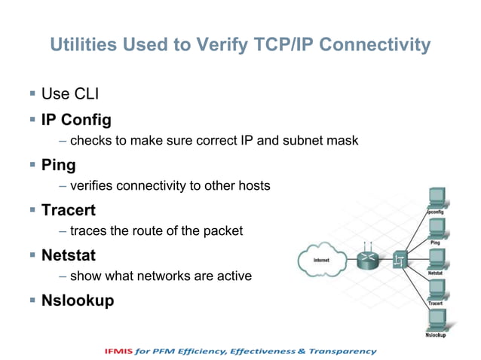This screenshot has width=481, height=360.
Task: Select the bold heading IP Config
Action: [76, 119]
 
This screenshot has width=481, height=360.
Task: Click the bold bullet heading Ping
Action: [59, 163]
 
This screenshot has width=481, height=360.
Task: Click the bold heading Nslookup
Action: [78, 301]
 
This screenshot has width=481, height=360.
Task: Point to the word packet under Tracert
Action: [223, 231]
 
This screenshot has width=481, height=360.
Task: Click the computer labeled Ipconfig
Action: [436, 198]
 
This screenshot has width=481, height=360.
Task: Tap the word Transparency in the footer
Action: [343, 351]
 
